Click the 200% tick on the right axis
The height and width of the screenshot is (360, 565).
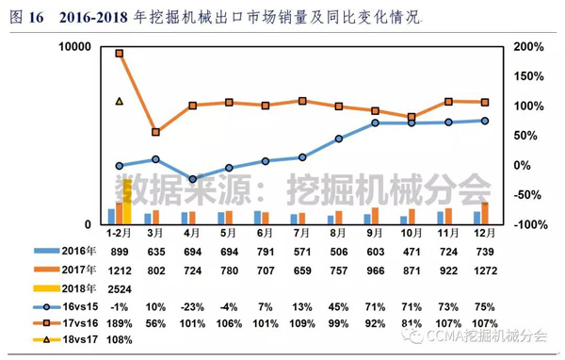pyautogui.click(x=531, y=46)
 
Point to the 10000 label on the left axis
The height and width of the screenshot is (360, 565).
pyautogui.click(x=73, y=46)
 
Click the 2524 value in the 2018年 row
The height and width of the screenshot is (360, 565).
pyautogui.click(x=119, y=286)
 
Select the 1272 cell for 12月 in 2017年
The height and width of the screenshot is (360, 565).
pyautogui.click(x=485, y=270)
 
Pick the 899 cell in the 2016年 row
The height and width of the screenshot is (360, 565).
pyautogui.click(x=119, y=253)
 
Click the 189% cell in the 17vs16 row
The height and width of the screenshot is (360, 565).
pyautogui.click(x=119, y=321)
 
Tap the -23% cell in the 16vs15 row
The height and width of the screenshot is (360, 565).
pyautogui.click(x=192, y=304)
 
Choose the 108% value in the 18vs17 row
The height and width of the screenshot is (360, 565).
pyautogui.click(x=119, y=339)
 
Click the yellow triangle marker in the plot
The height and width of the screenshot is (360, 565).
pyautogui.click(x=119, y=101)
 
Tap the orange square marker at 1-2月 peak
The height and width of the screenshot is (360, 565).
pyautogui.click(x=119, y=53)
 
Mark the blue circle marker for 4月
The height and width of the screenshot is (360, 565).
pyautogui.click(x=192, y=178)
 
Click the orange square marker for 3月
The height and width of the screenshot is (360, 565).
pyautogui.click(x=155, y=132)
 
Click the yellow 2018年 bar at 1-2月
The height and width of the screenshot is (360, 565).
pyautogui.click(x=126, y=201)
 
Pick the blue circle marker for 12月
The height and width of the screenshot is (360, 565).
pyautogui.click(x=485, y=121)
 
